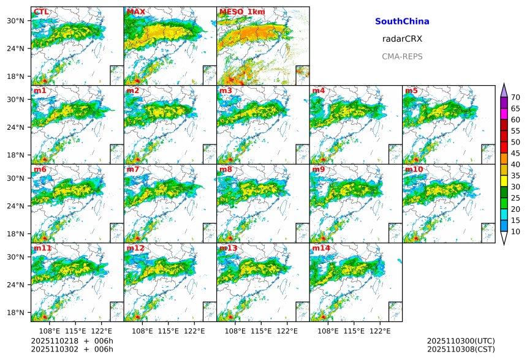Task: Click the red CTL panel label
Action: point(41,12)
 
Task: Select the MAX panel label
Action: point(135,12)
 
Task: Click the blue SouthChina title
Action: point(402,21)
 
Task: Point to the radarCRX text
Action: point(402,39)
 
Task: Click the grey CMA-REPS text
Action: point(402,56)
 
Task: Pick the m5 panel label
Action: point(411,91)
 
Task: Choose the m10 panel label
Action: point(414,170)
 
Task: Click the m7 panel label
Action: point(133,170)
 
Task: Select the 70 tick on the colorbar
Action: point(515,97)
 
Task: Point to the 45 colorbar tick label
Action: point(515,153)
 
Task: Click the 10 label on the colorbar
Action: point(515,231)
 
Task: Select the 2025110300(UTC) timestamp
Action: point(461,340)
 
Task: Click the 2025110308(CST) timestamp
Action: point(461,349)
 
